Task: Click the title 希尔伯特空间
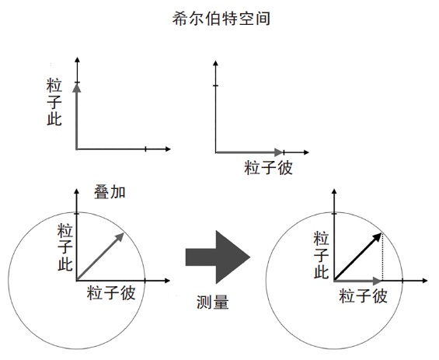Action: (x=221, y=19)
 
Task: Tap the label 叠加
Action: (x=110, y=192)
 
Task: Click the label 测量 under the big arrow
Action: (x=212, y=302)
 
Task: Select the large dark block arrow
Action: (x=218, y=257)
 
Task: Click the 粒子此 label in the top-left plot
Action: (x=54, y=102)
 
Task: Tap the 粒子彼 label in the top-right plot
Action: (x=268, y=167)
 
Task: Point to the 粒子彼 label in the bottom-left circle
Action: (x=111, y=293)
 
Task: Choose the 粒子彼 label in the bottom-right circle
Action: (x=363, y=295)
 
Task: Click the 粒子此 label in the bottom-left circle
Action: (x=65, y=247)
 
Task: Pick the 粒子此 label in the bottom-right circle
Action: (x=321, y=255)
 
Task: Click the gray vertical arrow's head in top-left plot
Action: (x=76, y=87)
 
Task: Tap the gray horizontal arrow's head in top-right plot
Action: (x=279, y=152)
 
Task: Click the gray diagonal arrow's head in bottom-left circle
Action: (x=120, y=236)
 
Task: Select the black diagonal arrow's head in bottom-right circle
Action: (x=378, y=237)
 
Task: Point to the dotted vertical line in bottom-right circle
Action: (x=382, y=257)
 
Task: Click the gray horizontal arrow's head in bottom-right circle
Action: (x=378, y=281)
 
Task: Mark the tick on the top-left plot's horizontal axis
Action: (x=145, y=149)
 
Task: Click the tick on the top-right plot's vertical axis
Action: (x=215, y=86)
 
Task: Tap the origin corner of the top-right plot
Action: (x=215, y=152)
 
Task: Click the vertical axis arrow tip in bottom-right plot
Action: (x=334, y=190)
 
